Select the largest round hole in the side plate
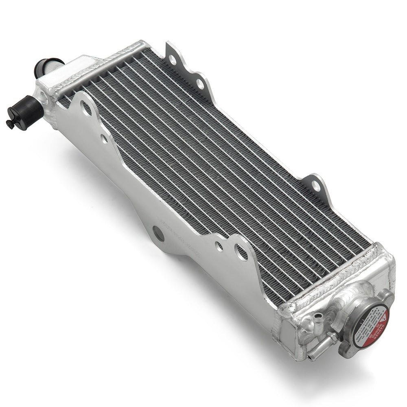(158, 234)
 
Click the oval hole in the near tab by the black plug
(86, 108)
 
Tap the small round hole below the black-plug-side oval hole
(104, 139)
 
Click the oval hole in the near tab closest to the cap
(241, 252)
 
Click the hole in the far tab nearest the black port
(173, 60)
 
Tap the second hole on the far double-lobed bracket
(200, 84)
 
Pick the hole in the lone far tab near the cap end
(315, 186)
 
